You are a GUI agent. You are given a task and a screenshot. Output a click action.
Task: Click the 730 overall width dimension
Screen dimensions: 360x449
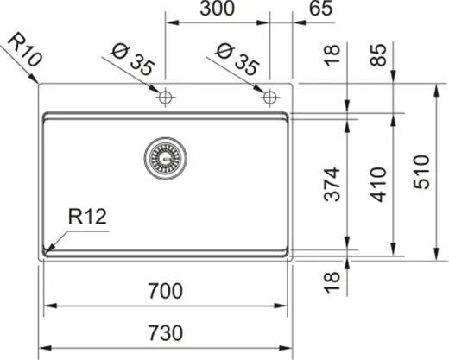pyautogui.click(x=166, y=332)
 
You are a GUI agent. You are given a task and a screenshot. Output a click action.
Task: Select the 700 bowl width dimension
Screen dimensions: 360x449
pyautogui.click(x=166, y=292)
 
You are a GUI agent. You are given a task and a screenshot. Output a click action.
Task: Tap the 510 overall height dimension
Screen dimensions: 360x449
pyautogui.click(x=422, y=170)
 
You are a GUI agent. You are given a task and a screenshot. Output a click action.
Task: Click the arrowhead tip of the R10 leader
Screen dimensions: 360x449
pyautogui.click(x=40, y=84)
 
